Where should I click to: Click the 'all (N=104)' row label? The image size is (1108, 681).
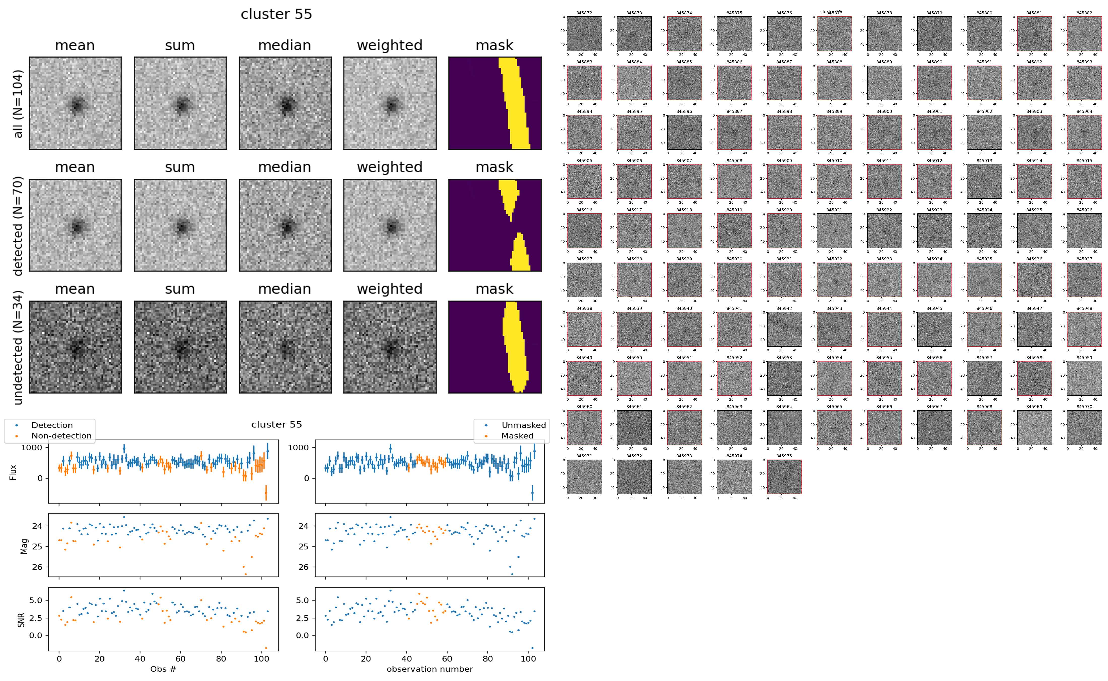pos(18,104)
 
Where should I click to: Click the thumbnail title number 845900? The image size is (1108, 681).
pos(884,111)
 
